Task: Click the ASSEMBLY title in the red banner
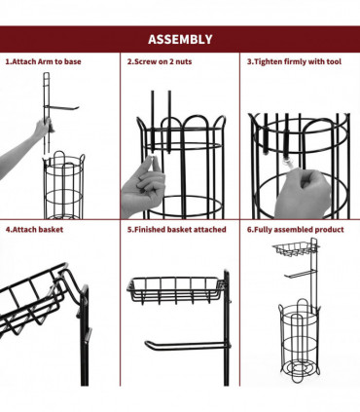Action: tap(180, 39)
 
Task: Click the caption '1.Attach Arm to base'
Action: tap(43, 61)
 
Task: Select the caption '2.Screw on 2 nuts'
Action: tap(160, 61)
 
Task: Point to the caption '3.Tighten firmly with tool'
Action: tap(294, 61)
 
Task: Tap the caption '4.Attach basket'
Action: tap(34, 230)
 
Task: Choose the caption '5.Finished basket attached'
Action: tap(176, 230)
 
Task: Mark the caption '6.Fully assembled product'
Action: tap(295, 230)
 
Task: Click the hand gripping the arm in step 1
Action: tap(43, 128)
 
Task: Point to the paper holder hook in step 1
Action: tap(61, 107)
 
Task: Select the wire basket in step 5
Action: tap(174, 290)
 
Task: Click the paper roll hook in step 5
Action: tap(187, 345)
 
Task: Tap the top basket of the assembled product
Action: tap(294, 248)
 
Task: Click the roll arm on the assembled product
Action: tap(299, 275)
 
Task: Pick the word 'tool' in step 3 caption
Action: tap(334, 61)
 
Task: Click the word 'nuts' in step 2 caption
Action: tap(184, 61)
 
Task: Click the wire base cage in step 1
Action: tap(64, 185)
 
